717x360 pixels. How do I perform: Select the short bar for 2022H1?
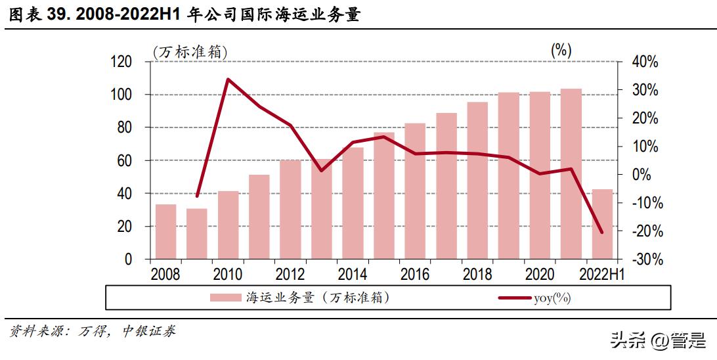(x=602, y=224)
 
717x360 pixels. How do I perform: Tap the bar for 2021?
(x=571, y=174)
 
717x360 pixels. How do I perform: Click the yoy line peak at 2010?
(x=227, y=79)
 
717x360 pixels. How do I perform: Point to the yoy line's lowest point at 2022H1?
(x=601, y=232)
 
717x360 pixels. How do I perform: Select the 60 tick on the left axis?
(x=125, y=160)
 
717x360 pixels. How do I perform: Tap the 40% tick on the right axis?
(x=644, y=62)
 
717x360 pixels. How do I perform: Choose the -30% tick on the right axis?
(x=644, y=259)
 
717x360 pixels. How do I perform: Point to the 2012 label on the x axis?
(x=290, y=274)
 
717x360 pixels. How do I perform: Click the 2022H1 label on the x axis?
(x=601, y=274)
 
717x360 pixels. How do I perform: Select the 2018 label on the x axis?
(x=477, y=274)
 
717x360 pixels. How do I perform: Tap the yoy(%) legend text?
(x=552, y=298)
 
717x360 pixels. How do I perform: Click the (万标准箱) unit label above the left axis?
(x=192, y=51)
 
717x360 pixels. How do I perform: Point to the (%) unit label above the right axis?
(x=561, y=50)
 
